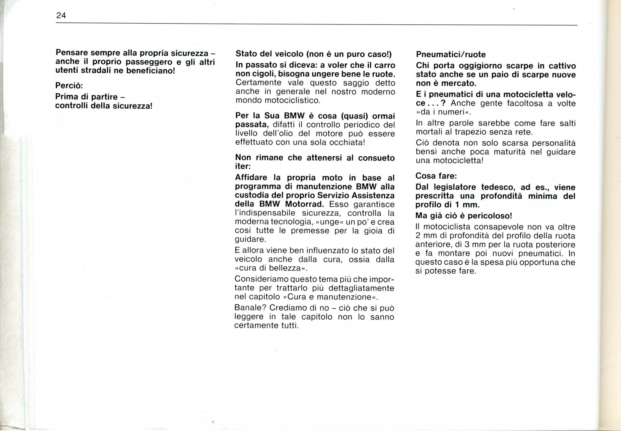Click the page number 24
click(x=61, y=15)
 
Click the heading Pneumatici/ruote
click(x=451, y=55)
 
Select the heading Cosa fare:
click(x=436, y=176)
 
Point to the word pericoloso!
click(x=490, y=216)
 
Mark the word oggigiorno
click(x=475, y=66)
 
